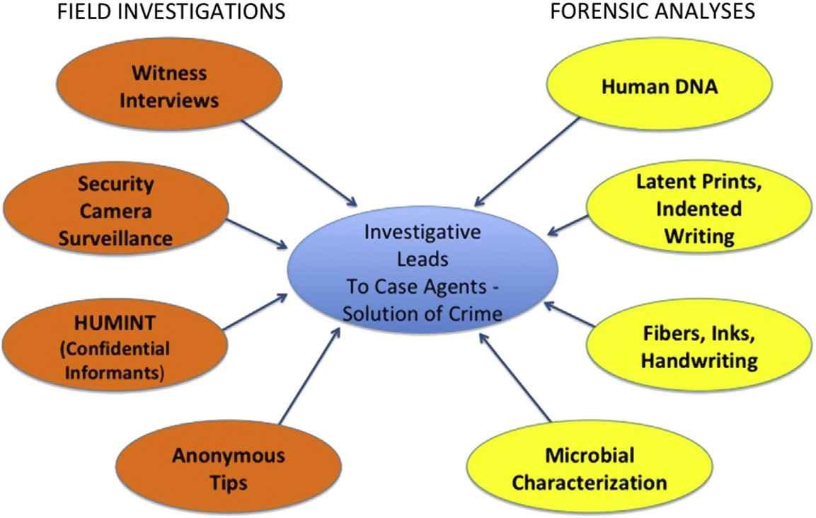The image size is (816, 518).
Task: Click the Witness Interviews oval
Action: click(168, 87)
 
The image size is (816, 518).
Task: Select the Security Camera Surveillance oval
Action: click(115, 211)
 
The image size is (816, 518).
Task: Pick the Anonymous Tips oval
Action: click(228, 468)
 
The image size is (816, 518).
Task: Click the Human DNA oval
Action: click(658, 87)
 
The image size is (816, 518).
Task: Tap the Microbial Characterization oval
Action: click(589, 468)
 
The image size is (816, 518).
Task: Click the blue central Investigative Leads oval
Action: click(423, 272)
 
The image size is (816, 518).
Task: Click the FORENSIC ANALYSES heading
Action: click(652, 12)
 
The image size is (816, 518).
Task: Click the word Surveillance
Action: click(115, 238)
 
